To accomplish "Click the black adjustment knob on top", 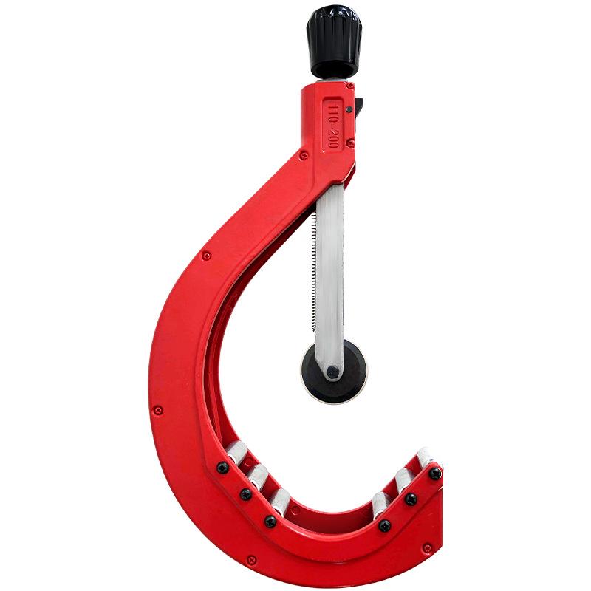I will (334, 41).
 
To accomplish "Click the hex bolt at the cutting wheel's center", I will (333, 370).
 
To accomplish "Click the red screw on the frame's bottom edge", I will (252, 559).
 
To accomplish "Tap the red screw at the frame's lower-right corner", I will (427, 547).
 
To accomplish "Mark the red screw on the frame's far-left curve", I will (158, 409).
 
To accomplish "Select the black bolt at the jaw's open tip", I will (435, 473).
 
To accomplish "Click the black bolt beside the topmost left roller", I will (222, 467).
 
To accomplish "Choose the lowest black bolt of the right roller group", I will (385, 525).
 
